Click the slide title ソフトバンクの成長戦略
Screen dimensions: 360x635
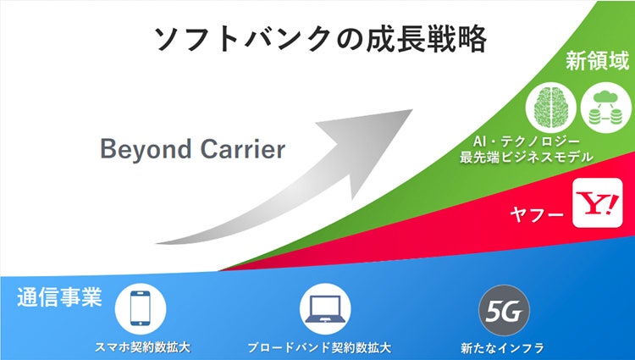pos(320,39)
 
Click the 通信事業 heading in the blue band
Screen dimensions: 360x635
pos(58,297)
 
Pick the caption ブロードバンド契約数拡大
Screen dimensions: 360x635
pos(319,347)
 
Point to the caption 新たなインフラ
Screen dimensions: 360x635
pos(503,347)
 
